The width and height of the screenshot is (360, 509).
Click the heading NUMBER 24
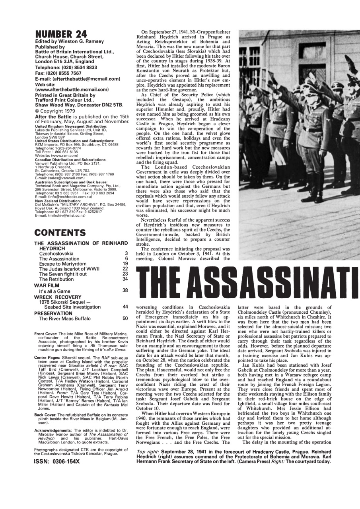60,34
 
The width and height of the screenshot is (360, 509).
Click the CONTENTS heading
60,233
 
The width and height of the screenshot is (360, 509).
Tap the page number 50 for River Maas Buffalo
125,319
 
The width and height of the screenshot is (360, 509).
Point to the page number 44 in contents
125,307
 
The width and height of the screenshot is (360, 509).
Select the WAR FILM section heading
48,285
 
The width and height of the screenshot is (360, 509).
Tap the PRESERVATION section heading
53,313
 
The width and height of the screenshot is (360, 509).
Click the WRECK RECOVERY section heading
58,297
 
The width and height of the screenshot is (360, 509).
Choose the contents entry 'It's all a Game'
55,291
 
